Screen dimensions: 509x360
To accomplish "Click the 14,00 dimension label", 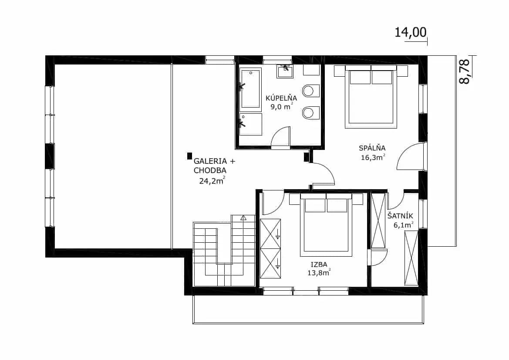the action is (410, 33).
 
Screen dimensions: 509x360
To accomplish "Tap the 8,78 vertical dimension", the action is (465, 71).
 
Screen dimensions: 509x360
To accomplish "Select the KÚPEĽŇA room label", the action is (281, 98).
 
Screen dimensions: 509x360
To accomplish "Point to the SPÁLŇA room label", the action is (372, 148).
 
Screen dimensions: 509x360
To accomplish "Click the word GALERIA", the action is (210, 161).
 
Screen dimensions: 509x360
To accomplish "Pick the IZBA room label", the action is (319, 265).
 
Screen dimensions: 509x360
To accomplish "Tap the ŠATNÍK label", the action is (400, 216).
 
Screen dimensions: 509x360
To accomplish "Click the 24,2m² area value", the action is (212, 180).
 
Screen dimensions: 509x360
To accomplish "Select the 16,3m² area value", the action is (373, 157).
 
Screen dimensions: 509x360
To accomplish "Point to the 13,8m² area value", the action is (319, 272).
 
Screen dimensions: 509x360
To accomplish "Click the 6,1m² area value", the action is (404, 225).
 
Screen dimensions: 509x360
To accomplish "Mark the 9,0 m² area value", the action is (282, 106).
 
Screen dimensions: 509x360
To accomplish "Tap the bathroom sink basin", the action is (285, 71).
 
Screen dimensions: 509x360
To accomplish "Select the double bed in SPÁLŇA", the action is (371, 96).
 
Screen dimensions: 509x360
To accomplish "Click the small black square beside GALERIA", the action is (189, 156).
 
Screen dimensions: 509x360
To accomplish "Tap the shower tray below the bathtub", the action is (251, 124).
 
